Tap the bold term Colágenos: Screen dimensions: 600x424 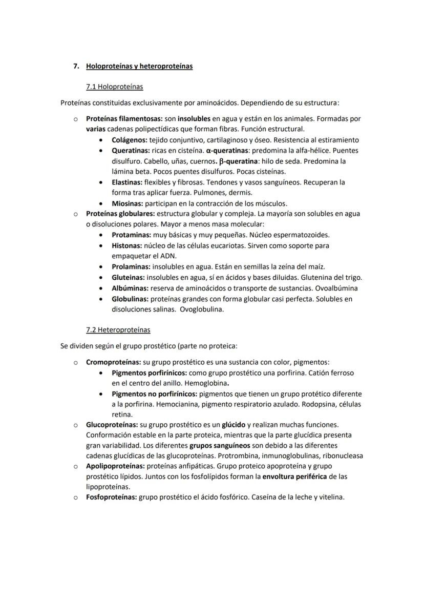[x=130, y=140]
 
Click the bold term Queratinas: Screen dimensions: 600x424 [x=131, y=151]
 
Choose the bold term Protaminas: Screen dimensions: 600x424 [x=131, y=235]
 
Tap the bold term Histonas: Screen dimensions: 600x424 [x=127, y=245]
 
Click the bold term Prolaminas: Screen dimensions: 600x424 [x=131, y=267]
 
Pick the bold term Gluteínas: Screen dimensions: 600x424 [x=129, y=278]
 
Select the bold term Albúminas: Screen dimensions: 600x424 [x=130, y=288]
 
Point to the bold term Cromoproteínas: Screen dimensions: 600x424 [x=113, y=362]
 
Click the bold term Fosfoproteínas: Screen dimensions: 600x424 [x=111, y=497]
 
